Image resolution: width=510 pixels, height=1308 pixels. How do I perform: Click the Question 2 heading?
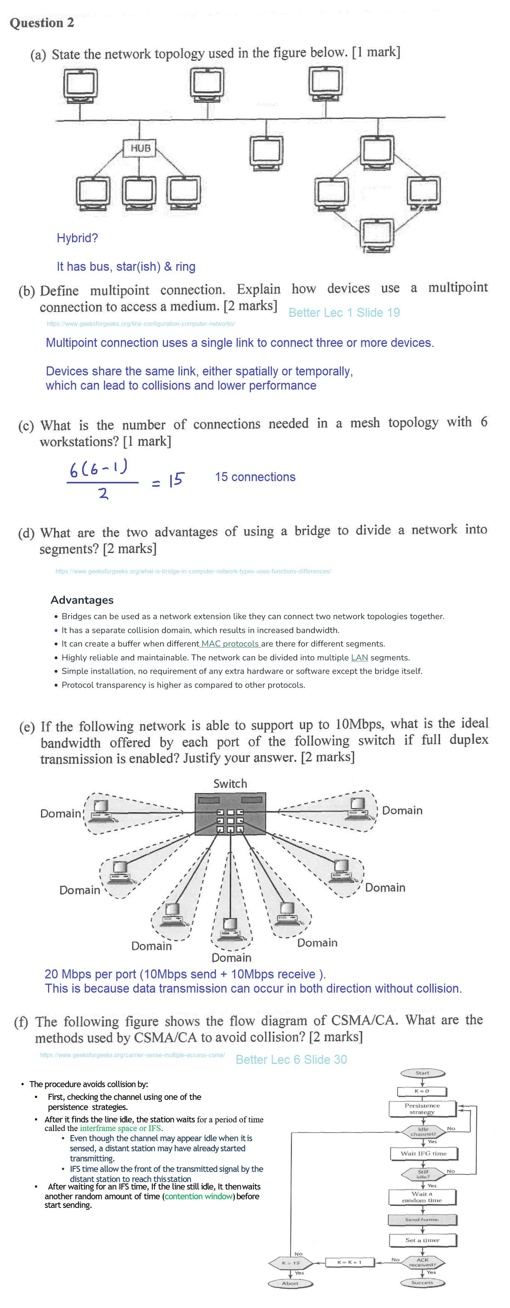[42, 23]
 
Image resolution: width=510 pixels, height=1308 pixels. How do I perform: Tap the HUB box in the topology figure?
[140, 148]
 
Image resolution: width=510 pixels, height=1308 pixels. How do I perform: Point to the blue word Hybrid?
[77, 238]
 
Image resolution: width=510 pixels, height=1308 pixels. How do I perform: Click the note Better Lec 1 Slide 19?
[344, 313]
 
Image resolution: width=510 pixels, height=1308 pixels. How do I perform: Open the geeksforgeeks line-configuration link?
[141, 324]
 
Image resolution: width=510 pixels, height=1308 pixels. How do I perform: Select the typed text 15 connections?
[255, 477]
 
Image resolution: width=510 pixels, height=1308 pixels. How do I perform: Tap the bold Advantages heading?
[82, 600]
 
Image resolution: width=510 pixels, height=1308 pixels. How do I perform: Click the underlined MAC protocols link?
[230, 644]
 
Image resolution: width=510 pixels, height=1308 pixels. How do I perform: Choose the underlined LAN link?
[359, 657]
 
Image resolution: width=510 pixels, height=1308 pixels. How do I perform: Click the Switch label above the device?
[230, 783]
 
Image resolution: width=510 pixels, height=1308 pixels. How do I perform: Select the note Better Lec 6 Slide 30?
[291, 1060]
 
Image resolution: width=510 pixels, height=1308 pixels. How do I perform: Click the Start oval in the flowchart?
[422, 1073]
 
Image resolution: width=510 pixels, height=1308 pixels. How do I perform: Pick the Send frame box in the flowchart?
[422, 1219]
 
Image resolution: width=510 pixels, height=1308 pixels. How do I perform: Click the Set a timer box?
[423, 1240]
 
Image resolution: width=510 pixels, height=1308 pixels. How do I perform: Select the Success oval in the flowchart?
[422, 1282]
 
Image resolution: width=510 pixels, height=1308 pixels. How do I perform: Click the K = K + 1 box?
[349, 1262]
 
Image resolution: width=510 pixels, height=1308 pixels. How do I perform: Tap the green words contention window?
[198, 1197]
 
